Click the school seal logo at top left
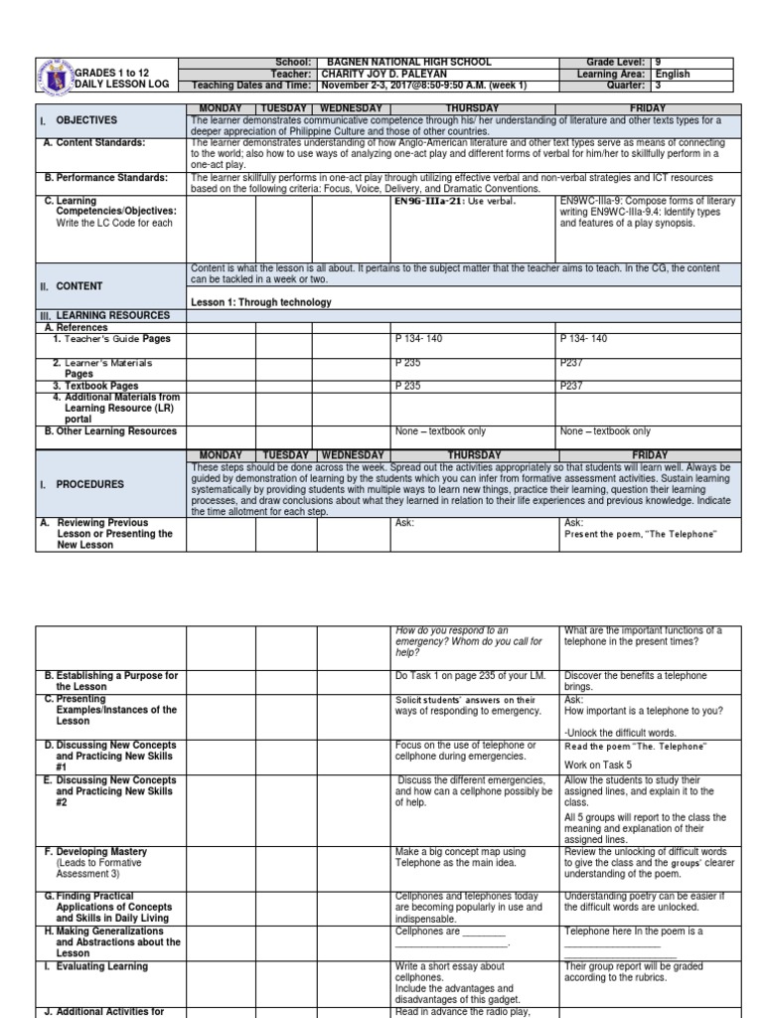pos(54,73)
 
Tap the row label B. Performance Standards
pos(111,178)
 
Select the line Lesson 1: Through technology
pos(261,302)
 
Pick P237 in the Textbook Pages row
pos(573,386)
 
